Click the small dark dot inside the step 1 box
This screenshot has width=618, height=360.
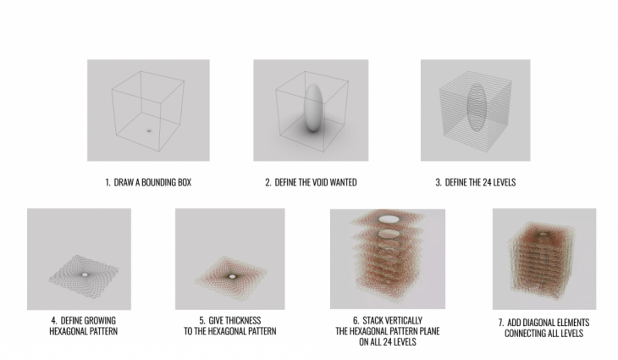pos(149,130)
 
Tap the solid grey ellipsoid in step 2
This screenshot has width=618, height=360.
pos(313,107)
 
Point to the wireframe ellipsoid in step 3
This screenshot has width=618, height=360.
pos(477,108)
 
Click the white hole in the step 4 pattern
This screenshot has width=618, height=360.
pos(85,274)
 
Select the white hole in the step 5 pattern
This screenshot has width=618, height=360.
pos(232,276)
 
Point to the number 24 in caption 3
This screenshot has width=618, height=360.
pos(486,183)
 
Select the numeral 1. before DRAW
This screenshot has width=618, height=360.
pos(108,183)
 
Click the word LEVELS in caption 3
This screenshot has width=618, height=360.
pos(504,183)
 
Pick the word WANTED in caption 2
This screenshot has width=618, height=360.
pos(344,183)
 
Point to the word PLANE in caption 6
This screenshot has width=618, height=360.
pos(428,331)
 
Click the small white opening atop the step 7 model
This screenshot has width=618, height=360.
pos(544,235)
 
